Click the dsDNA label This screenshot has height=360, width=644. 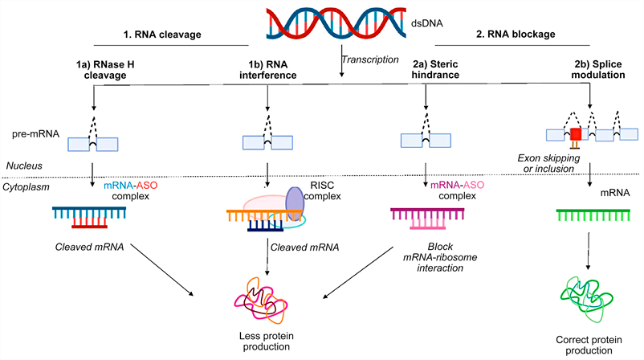tap(426, 23)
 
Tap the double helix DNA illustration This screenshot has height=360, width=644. tap(336, 23)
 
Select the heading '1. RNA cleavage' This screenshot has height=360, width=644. tap(162, 35)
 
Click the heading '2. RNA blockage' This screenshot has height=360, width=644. tap(516, 34)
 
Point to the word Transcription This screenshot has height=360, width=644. tap(370, 59)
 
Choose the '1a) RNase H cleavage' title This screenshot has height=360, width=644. tap(105, 70)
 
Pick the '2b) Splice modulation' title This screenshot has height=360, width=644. tap(598, 69)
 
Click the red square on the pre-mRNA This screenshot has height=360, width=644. tap(576, 134)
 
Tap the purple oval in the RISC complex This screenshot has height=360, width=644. tap(295, 204)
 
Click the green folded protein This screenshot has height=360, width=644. tap(586, 299)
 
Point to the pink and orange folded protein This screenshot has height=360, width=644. tap(261, 301)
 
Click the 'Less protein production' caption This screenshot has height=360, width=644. tap(266, 341)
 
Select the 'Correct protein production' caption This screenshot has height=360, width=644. tap(589, 346)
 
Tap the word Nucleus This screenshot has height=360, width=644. tap(24, 166)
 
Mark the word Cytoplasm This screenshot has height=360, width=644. tap(26, 187)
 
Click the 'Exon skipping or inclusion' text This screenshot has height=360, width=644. tap(548, 163)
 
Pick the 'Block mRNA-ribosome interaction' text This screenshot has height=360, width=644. tap(440, 257)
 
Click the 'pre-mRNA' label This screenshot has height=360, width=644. tap(35, 134)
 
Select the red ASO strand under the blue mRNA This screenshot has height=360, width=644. tap(90, 223)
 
